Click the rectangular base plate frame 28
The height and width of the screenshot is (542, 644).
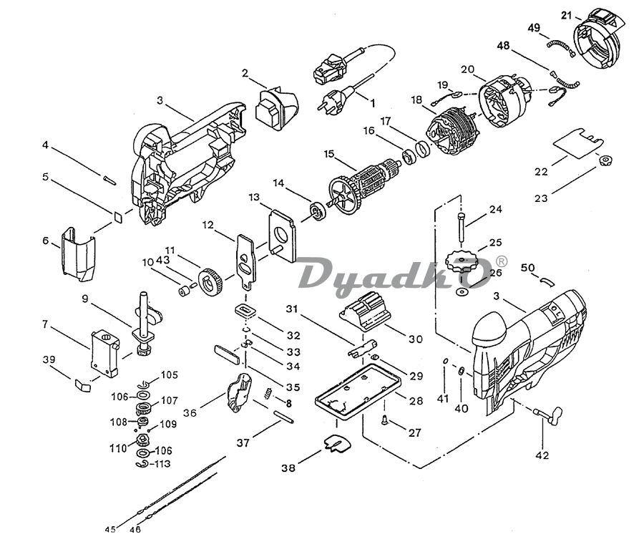click(x=356, y=389)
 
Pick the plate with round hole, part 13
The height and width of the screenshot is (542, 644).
click(x=282, y=235)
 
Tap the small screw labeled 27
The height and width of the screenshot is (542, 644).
click(x=386, y=420)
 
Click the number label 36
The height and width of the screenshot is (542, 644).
click(x=190, y=412)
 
